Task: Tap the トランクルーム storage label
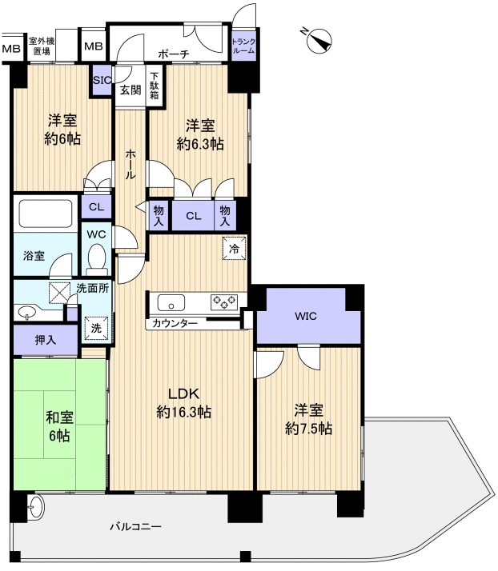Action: click(243, 46)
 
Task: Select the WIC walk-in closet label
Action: click(306, 316)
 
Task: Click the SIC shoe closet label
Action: click(102, 80)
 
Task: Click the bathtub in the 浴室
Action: click(46, 214)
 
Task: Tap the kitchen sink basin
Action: click(171, 302)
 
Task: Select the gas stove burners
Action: click(224, 301)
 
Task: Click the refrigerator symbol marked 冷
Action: click(234, 249)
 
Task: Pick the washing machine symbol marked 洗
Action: click(96, 328)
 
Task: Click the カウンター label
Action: click(175, 323)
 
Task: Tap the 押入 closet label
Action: click(46, 340)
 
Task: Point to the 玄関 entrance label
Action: click(131, 90)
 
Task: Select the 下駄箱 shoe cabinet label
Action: click(155, 86)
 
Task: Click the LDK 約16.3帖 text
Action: click(183, 403)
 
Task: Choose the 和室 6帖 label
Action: click(59, 426)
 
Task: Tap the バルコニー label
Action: click(135, 526)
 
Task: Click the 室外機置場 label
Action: click(42, 46)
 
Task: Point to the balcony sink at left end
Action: click(36, 508)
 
